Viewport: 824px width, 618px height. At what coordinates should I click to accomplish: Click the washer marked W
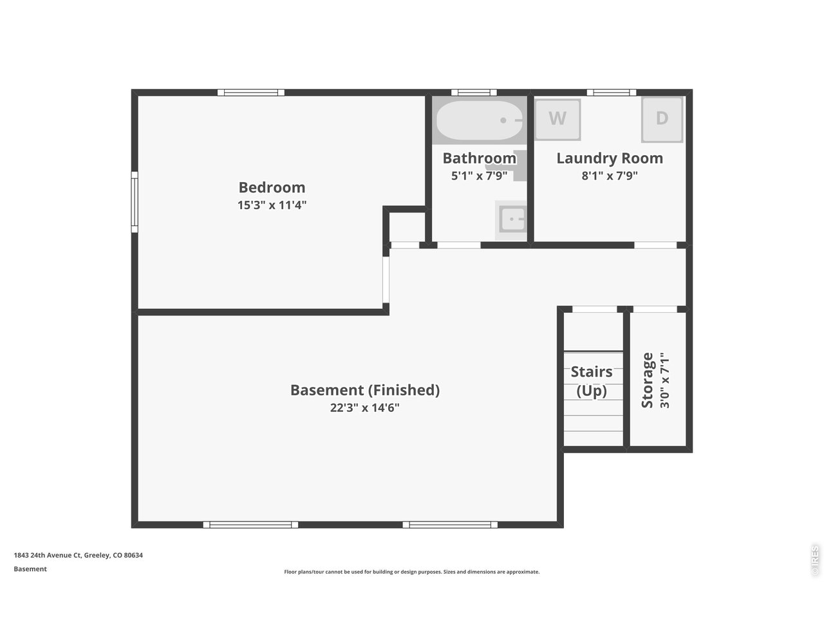(557, 119)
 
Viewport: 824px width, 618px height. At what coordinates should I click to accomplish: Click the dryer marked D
(662, 119)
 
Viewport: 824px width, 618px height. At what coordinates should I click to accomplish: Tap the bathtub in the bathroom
(480, 120)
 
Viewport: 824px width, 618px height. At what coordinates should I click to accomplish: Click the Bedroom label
(272, 187)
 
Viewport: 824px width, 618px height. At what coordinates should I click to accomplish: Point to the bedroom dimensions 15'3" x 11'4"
(272, 205)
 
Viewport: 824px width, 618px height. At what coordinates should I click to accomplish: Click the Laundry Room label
(610, 158)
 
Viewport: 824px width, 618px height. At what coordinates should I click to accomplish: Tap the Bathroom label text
(480, 158)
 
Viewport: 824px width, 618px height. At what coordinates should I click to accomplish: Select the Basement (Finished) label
(365, 390)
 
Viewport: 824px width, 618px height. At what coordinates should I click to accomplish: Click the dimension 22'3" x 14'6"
(364, 407)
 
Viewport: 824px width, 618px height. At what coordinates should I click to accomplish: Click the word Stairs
(591, 371)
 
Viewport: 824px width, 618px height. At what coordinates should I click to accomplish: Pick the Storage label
(647, 380)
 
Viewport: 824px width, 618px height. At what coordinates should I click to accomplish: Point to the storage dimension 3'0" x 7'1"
(664, 380)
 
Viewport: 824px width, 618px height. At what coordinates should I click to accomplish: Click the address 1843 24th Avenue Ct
(47, 555)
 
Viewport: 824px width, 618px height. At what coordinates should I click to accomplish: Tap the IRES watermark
(814, 561)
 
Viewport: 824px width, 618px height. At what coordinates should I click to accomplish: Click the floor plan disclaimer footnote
(412, 572)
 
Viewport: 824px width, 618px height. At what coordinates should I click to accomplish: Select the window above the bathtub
(474, 92)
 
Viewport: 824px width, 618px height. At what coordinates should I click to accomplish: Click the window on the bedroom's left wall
(135, 202)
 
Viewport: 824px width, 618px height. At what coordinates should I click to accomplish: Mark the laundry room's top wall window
(611, 92)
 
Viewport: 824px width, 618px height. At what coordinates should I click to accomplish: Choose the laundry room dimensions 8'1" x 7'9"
(610, 176)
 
